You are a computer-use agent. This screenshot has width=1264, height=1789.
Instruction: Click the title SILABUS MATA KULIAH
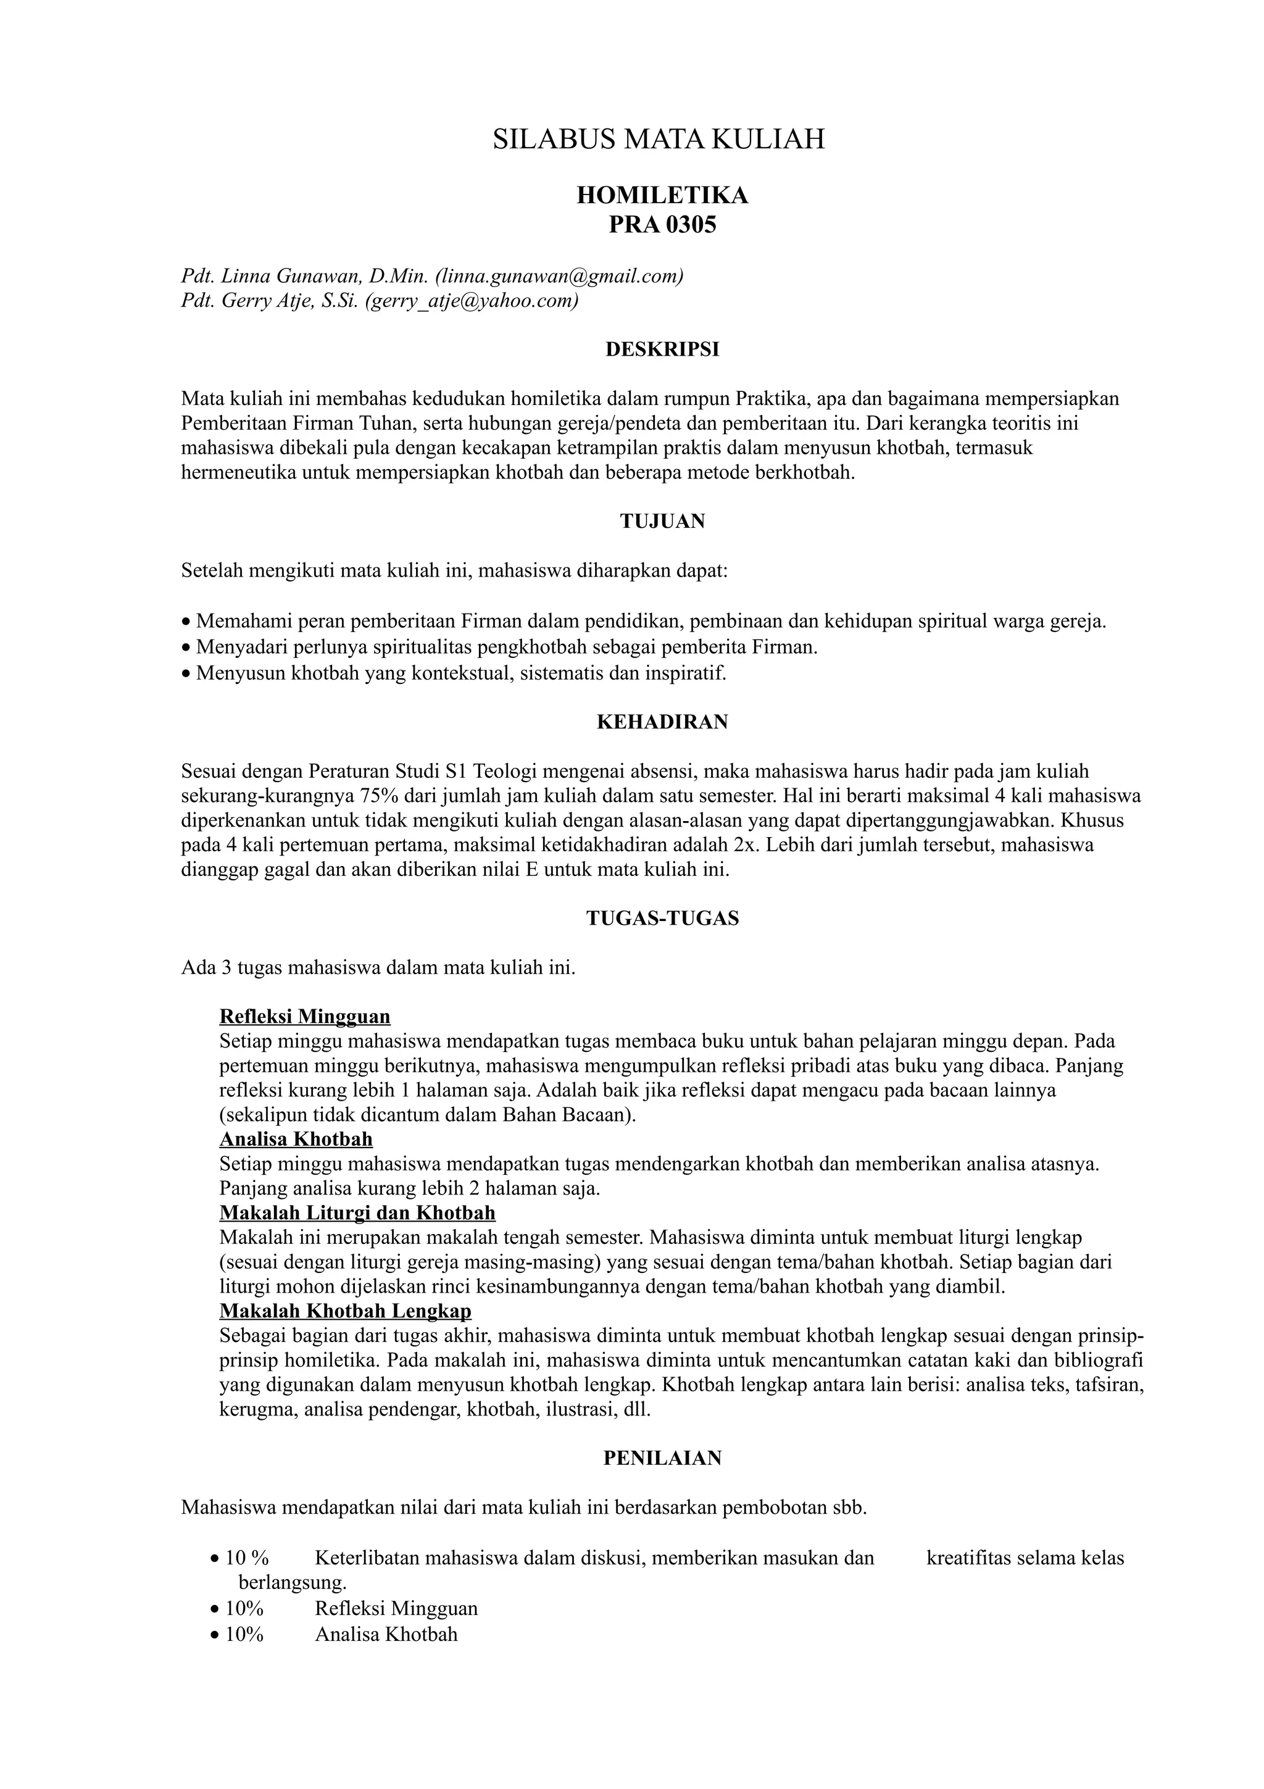(x=658, y=140)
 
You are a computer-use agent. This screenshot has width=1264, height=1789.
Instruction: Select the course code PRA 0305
(x=662, y=225)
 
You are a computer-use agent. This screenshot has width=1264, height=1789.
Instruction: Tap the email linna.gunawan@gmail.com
(x=559, y=276)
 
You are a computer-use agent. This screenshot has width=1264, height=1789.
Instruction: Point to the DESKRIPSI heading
(x=662, y=350)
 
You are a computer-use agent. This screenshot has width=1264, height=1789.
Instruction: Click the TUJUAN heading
(x=662, y=521)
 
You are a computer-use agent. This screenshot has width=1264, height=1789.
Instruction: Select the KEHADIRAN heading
(x=662, y=722)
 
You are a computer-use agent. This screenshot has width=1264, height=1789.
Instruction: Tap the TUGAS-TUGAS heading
(x=662, y=919)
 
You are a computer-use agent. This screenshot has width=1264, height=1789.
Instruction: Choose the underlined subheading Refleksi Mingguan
(x=304, y=1017)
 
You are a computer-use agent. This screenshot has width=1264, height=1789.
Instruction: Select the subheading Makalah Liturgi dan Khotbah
(x=357, y=1213)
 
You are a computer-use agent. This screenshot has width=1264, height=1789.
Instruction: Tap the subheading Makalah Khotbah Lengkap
(x=345, y=1311)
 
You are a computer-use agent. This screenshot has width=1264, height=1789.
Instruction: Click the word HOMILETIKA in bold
(x=662, y=196)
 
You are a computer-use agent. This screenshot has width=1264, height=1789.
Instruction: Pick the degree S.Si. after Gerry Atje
(x=339, y=301)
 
